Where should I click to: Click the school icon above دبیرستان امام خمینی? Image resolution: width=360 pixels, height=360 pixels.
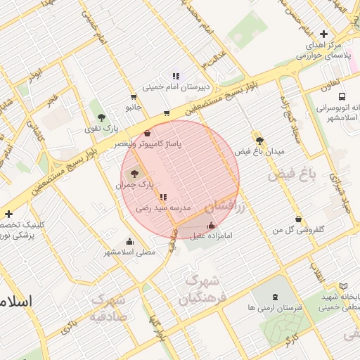click(176, 76)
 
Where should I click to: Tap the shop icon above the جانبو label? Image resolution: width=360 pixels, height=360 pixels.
click(134, 97)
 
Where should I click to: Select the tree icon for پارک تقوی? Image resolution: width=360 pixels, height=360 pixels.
click(102, 117)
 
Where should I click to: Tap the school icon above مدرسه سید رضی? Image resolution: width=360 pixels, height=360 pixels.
click(163, 198)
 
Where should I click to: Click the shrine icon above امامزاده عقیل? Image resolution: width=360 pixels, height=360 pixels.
click(211, 225)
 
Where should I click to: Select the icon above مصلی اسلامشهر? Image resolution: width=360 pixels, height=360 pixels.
click(129, 240)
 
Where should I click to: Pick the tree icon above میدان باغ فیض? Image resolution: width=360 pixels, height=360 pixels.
click(259, 140)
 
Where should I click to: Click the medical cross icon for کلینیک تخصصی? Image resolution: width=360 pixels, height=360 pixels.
click(8, 214)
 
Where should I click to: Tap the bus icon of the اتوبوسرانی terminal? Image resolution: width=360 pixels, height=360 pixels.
click(341, 96)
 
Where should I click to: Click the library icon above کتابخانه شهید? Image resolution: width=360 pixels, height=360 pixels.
click(343, 286)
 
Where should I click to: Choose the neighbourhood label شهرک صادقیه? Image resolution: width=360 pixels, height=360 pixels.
click(107, 308)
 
